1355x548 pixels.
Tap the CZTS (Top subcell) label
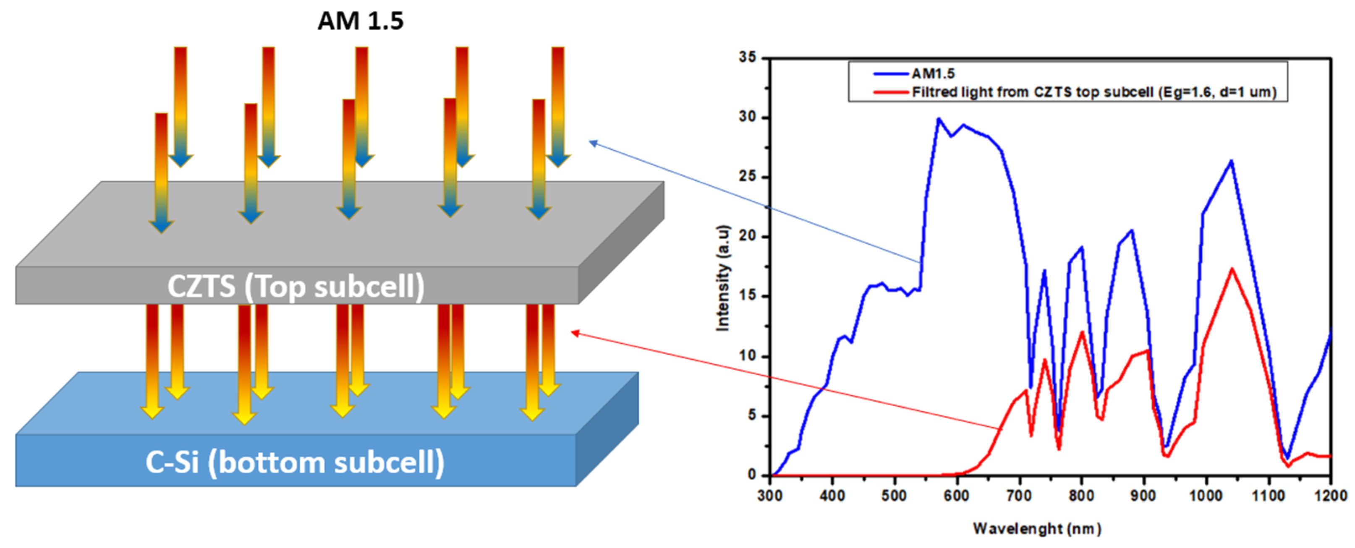pos(296,287)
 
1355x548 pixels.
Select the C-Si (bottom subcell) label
pos(295,462)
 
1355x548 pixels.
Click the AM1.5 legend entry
pos(933,73)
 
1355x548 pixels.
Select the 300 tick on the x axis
pos(770,496)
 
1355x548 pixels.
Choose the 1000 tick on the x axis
pos(1206,496)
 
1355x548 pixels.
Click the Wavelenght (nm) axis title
pos(1037,528)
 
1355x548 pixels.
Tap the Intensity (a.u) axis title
pos(723,278)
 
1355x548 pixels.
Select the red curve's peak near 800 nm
pos(1082,332)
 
